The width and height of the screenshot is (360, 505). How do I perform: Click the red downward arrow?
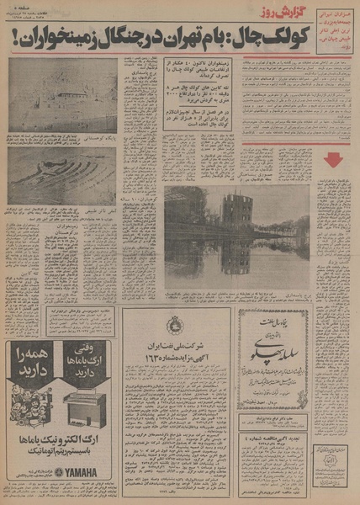point(332,159)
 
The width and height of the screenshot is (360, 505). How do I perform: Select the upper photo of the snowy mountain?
point(63,97)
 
